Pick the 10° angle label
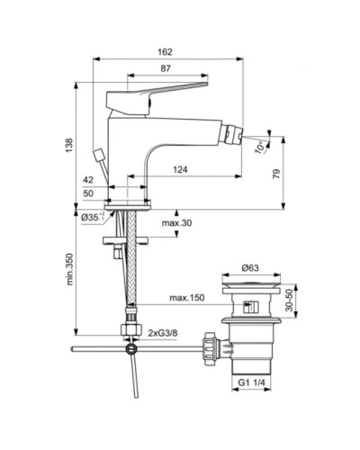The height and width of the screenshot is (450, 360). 261,144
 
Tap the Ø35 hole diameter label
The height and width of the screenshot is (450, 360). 91,216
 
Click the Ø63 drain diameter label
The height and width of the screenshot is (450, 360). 252,267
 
